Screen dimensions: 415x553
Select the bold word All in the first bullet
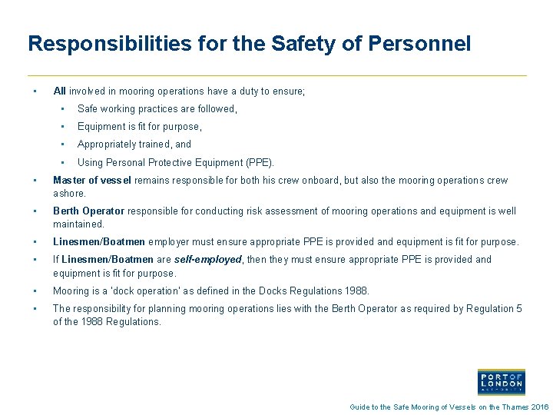click(59, 91)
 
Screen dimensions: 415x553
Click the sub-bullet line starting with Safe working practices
click(157, 109)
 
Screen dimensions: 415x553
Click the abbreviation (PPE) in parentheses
click(257, 162)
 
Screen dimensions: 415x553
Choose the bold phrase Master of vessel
click(91, 181)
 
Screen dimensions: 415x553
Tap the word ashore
click(69, 194)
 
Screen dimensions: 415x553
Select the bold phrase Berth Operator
click(88, 211)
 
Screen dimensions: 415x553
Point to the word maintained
click(78, 224)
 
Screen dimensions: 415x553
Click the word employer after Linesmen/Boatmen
click(169, 242)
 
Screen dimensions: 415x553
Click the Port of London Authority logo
click(501, 382)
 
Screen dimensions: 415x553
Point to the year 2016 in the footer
click(541, 407)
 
